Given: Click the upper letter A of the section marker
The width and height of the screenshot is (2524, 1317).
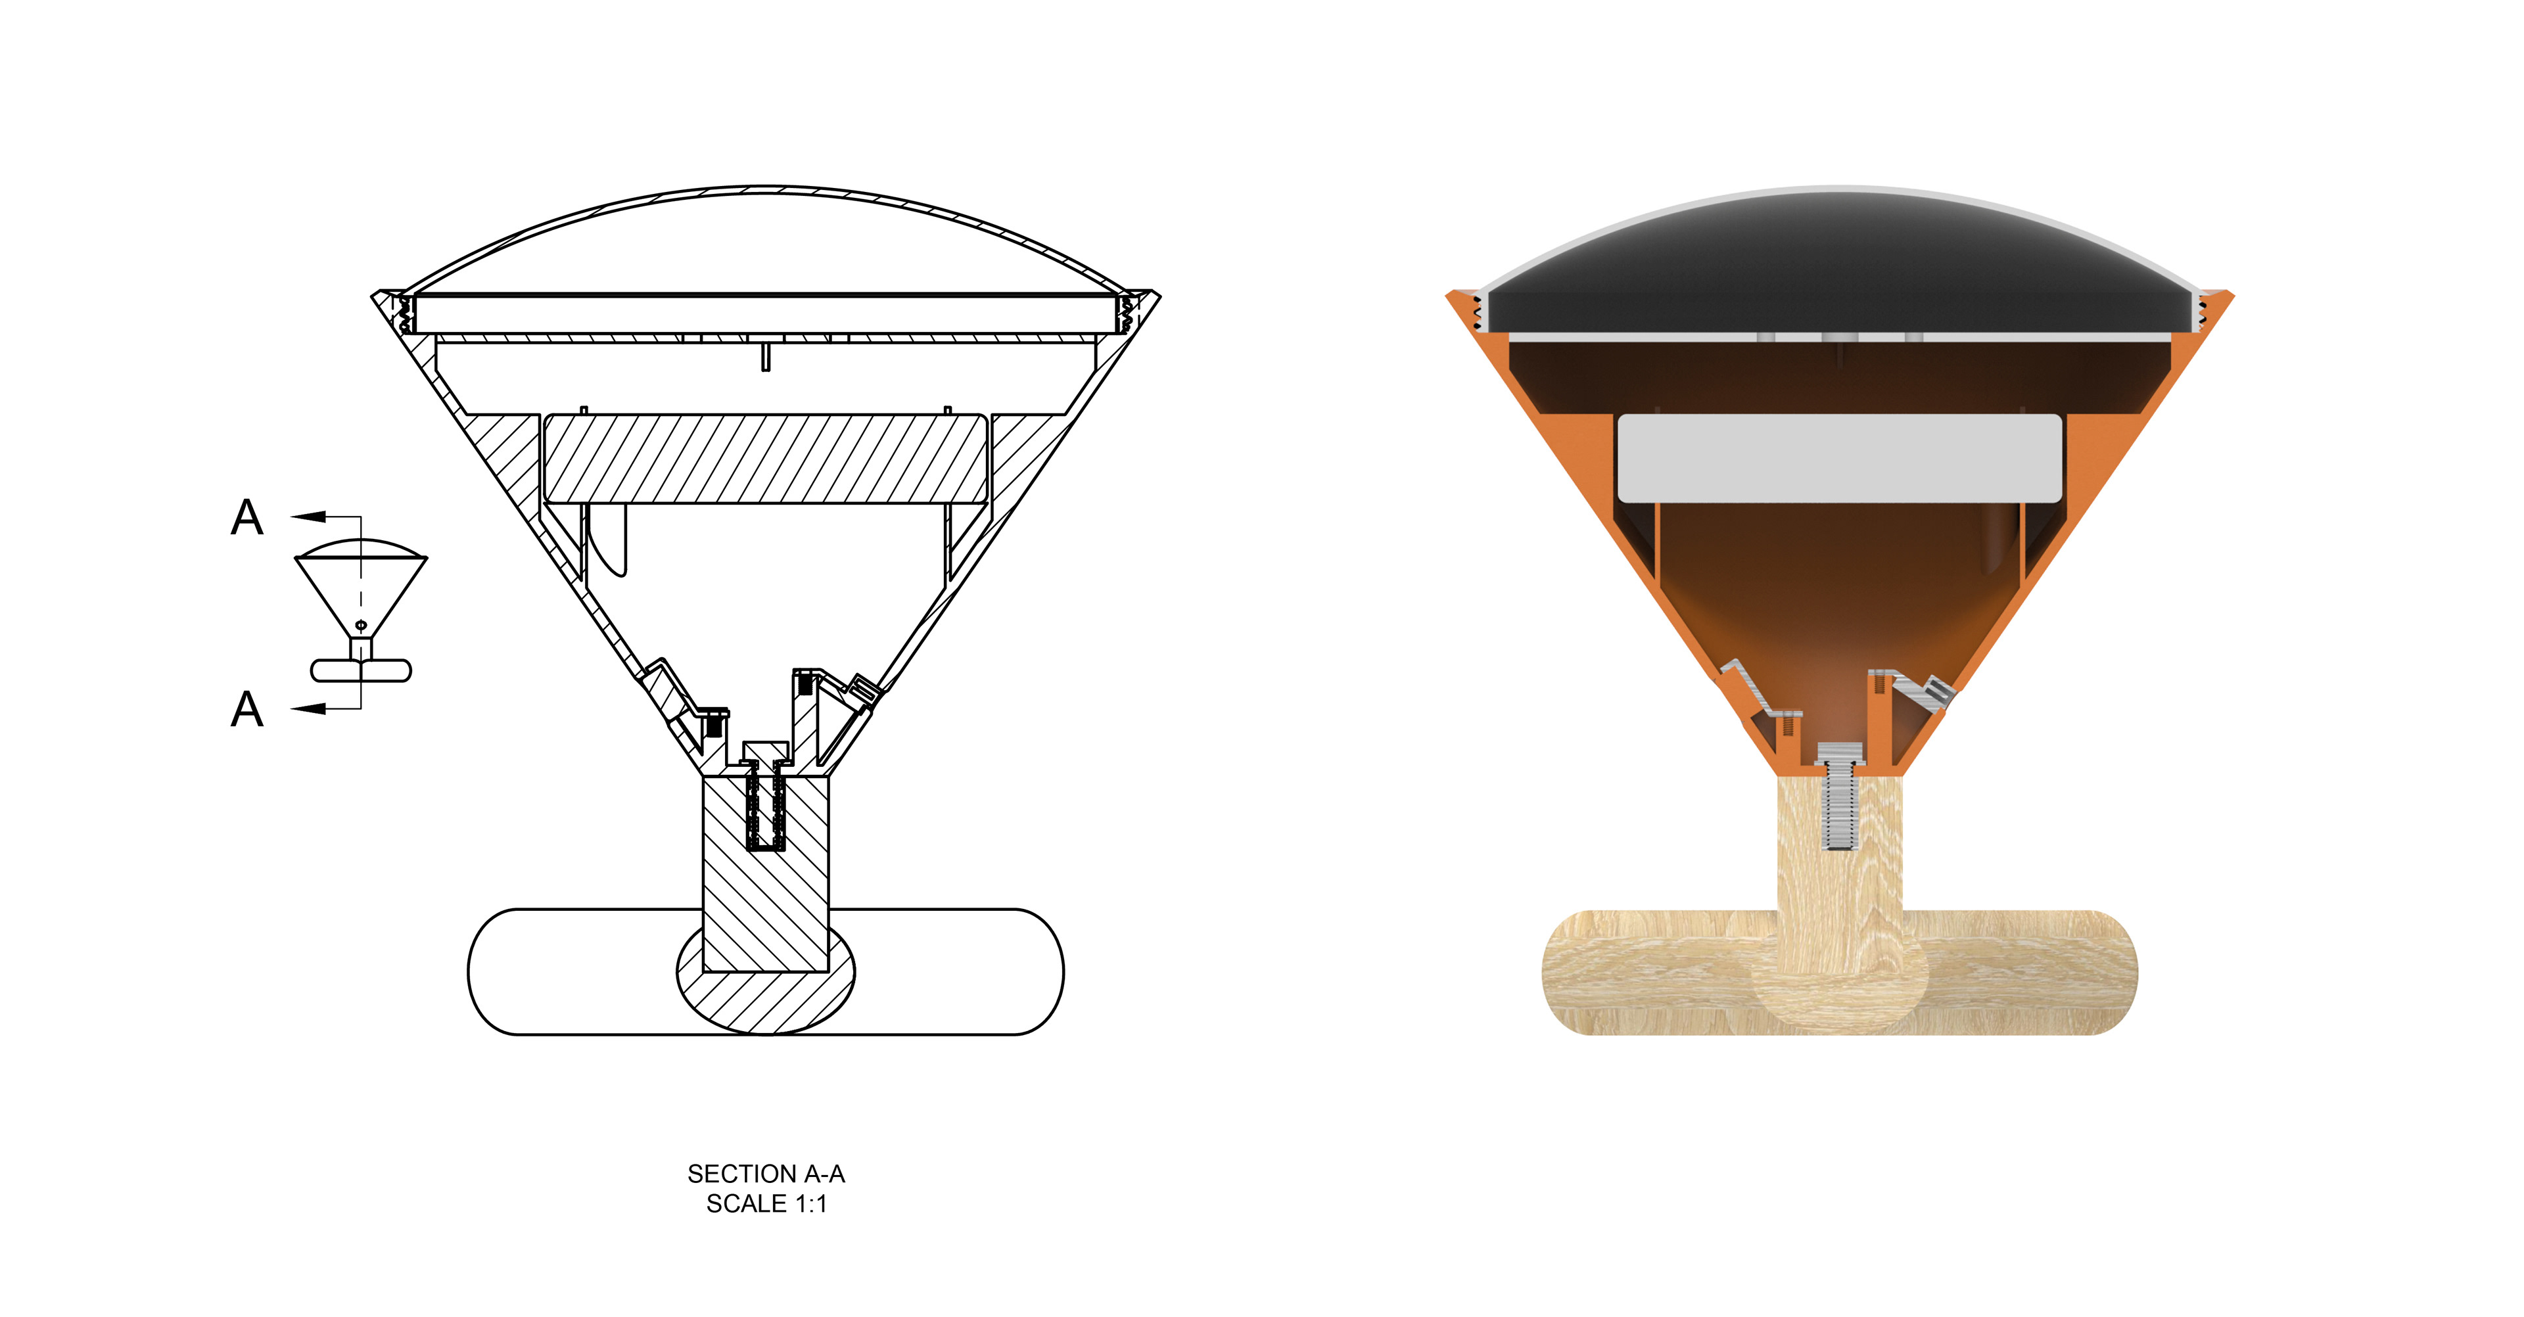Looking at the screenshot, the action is [247, 517].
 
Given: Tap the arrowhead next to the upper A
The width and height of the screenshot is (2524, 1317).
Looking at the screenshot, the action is [309, 517].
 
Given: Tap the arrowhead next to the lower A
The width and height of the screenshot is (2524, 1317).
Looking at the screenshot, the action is [309, 708].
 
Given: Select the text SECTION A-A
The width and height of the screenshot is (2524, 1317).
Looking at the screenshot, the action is [766, 1174].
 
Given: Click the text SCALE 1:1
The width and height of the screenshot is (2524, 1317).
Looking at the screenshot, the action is [766, 1205].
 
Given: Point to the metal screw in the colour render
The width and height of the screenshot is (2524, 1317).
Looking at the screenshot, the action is [1839, 795].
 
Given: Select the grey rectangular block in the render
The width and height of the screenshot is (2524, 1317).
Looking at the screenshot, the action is [1839, 457].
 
